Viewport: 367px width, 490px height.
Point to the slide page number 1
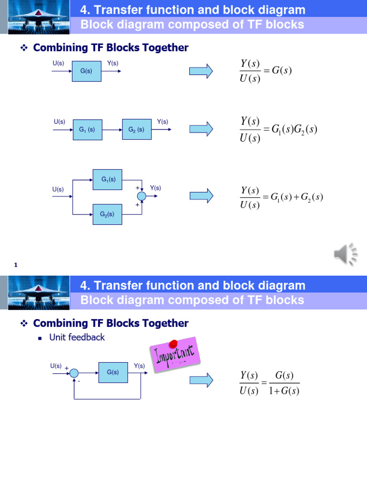pyautogui.click(x=16, y=265)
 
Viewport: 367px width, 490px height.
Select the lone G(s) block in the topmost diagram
pyautogui.click(x=86, y=71)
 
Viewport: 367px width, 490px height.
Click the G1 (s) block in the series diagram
pyautogui.click(x=87, y=130)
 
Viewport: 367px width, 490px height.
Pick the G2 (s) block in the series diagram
pyautogui.click(x=136, y=130)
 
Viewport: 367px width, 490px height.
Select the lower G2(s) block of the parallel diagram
pyautogui.click(x=107, y=214)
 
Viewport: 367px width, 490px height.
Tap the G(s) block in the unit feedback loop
pyautogui.click(x=113, y=372)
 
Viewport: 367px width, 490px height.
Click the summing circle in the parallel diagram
pyautogui.click(x=141, y=196)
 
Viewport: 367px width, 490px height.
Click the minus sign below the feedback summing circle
pyautogui.click(x=79, y=381)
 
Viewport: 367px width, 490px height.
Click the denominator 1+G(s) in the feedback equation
pyautogui.click(x=284, y=391)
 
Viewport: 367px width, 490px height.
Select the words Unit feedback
pyautogui.click(x=77, y=337)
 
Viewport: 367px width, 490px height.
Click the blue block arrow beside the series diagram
pyautogui.click(x=201, y=129)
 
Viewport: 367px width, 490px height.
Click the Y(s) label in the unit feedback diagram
pyautogui.click(x=139, y=366)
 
